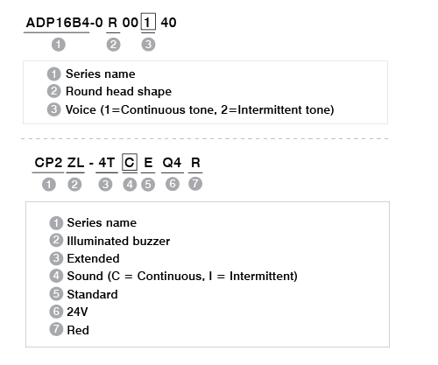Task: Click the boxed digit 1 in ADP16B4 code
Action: click(148, 22)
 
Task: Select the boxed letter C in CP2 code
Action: click(130, 162)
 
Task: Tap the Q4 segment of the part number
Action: click(172, 163)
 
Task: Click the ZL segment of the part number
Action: click(75, 163)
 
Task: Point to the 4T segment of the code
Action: click(107, 163)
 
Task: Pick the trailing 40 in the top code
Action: click(168, 23)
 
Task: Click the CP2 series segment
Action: click(48, 163)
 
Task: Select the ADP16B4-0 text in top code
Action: click(64, 23)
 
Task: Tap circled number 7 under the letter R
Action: click(195, 184)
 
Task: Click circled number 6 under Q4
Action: click(173, 184)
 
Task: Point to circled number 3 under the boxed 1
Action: click(148, 45)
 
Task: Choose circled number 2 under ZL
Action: click(74, 185)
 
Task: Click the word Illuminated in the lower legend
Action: click(98, 241)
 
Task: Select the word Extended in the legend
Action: click(93, 258)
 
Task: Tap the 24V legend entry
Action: click(77, 312)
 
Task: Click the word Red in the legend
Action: click(78, 330)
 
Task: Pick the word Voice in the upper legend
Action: click(81, 109)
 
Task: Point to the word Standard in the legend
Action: click(92, 294)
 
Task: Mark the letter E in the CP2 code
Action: click(148, 163)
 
